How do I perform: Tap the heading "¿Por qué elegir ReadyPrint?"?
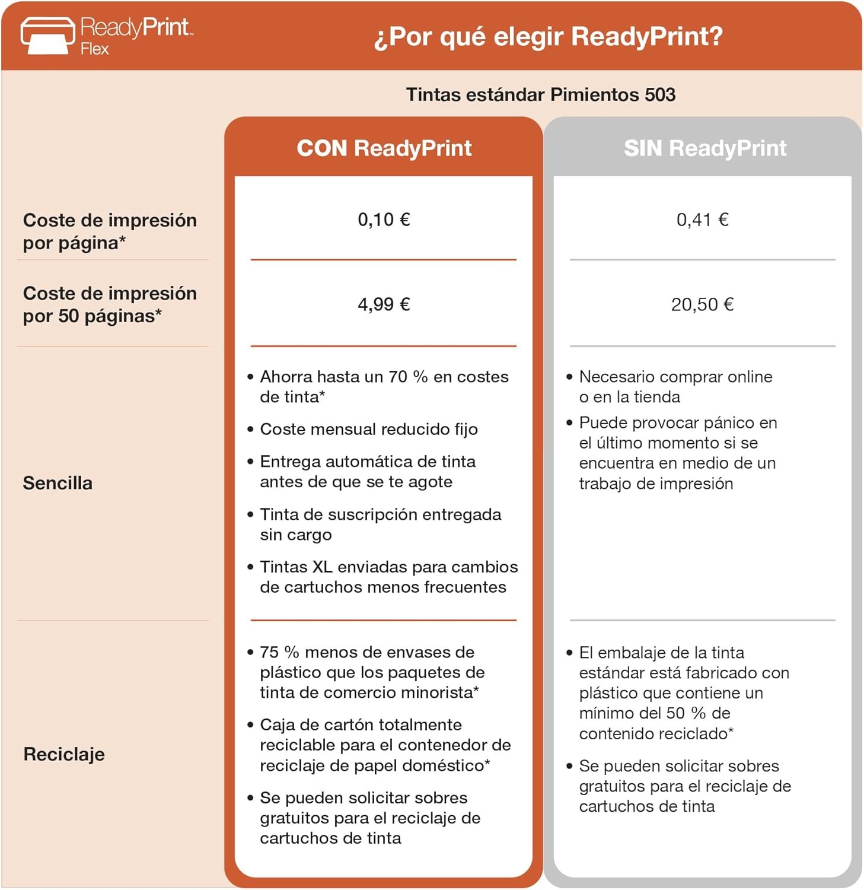point(548,37)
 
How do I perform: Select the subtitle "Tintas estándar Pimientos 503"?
point(540,95)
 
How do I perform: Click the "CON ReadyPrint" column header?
point(384,148)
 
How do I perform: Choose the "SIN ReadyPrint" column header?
point(704,148)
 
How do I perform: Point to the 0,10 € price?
point(384,220)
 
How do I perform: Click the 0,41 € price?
point(702,220)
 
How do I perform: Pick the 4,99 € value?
point(384,305)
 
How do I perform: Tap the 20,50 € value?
point(702,305)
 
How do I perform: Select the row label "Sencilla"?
point(58,484)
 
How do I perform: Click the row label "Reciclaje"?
point(64,755)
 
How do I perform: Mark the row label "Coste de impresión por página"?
point(110,231)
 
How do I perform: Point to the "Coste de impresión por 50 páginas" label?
point(110,304)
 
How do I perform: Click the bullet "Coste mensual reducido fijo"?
point(368,430)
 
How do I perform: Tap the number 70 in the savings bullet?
point(397,377)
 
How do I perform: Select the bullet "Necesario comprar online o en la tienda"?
point(675,387)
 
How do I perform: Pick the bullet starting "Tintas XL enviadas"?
point(388,577)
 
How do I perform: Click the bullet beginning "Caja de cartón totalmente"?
point(385,745)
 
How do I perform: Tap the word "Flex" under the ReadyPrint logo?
point(95,49)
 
